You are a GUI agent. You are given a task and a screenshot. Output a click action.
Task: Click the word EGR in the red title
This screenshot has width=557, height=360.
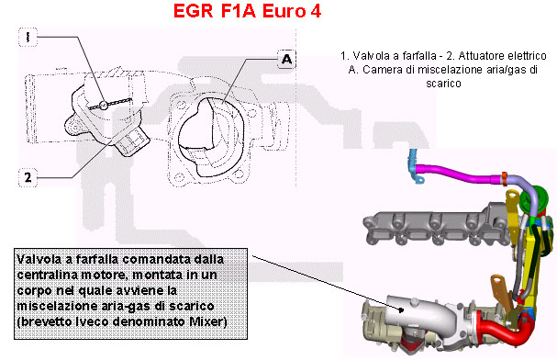click(x=193, y=11)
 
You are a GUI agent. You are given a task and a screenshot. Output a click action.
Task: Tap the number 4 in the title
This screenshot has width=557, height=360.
click(x=316, y=11)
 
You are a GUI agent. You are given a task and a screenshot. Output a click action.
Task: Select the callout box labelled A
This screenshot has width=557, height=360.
click(x=286, y=59)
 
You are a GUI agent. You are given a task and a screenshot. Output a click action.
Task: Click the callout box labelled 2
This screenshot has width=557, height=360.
click(x=28, y=177)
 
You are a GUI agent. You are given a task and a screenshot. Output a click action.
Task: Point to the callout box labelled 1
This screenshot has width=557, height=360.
click(x=28, y=37)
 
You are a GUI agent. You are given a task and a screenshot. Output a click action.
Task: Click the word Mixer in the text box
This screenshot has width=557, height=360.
click(x=208, y=321)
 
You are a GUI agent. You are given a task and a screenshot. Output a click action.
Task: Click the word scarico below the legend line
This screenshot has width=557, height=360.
click(x=443, y=84)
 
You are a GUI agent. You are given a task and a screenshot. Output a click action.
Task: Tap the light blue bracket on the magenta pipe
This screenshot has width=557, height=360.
click(x=415, y=166)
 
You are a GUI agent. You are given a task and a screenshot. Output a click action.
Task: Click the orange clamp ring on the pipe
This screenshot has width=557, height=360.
click(x=504, y=179)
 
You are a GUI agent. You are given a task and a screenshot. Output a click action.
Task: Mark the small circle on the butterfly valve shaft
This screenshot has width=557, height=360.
click(x=104, y=105)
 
